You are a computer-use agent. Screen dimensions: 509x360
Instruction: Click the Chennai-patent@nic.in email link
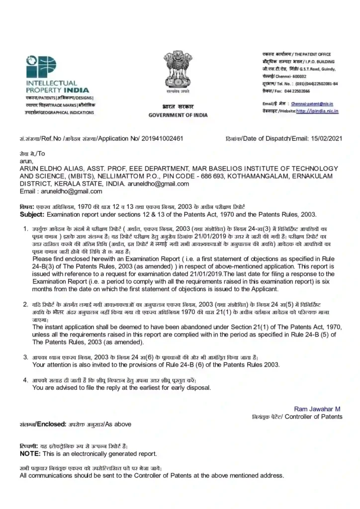coord(312,104)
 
